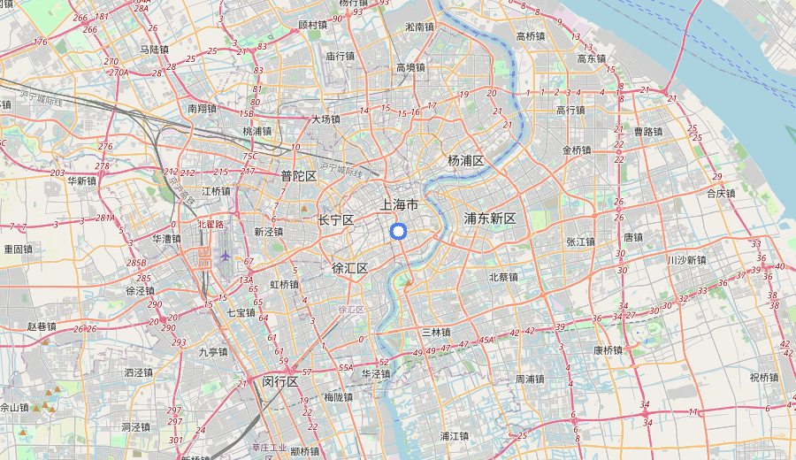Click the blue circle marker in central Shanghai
(398, 232)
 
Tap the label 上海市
(399, 204)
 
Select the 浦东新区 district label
(490, 218)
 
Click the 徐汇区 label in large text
(349, 268)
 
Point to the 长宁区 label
(336, 219)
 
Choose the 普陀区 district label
(299, 176)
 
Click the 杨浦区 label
(466, 160)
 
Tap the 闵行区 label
(279, 381)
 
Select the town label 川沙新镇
(687, 260)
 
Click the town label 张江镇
(581, 241)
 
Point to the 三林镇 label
(436, 333)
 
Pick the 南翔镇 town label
(202, 109)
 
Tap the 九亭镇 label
(213, 351)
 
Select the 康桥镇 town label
(608, 350)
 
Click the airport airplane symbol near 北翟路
(226, 257)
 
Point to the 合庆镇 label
(721, 193)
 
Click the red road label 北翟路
(211, 225)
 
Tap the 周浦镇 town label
(530, 379)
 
